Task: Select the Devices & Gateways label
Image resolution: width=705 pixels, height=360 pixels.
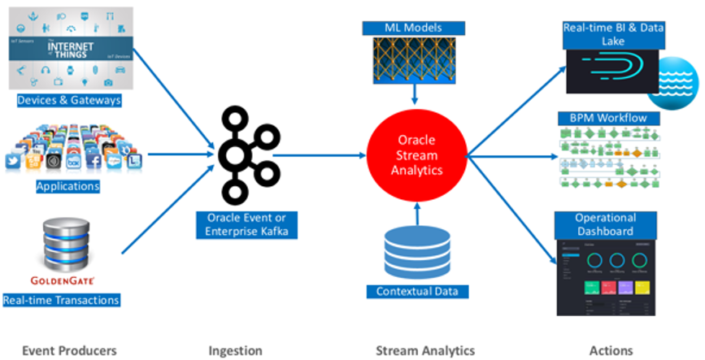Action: tap(69, 100)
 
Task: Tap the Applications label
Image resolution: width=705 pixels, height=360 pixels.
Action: tap(68, 186)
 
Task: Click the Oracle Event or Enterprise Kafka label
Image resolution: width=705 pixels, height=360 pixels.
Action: tap(241, 226)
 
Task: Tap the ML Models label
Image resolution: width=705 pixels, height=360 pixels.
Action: tap(415, 28)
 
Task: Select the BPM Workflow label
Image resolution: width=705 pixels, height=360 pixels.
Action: tap(608, 119)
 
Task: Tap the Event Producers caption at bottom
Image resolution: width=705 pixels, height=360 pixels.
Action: tap(69, 350)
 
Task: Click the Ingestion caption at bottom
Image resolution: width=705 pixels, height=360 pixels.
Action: tap(236, 350)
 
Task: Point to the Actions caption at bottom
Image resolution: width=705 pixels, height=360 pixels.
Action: tap(610, 350)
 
